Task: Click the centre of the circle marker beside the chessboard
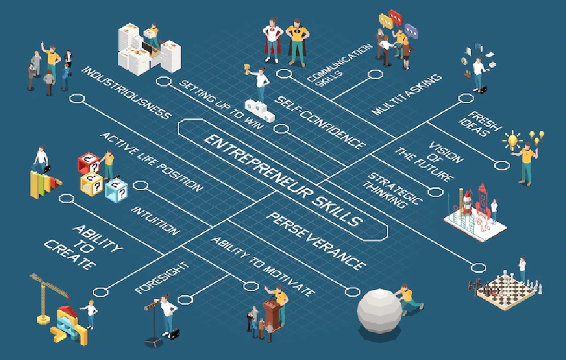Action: pos(479,268)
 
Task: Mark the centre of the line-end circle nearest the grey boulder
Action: pos(352,292)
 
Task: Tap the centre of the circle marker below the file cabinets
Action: pos(164,82)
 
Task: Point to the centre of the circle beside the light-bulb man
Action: pos(501,165)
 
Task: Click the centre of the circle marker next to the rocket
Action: pos(436,192)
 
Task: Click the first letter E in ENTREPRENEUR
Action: pos(210,139)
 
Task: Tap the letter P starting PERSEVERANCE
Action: pos(272,218)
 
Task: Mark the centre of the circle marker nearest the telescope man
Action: pos(185,299)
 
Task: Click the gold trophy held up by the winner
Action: pos(247,68)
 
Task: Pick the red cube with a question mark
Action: pos(89,164)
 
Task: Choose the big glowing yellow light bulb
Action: pos(513,140)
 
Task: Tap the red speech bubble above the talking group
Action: pos(395,17)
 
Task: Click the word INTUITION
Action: pos(155,220)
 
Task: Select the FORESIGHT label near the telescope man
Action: pos(162,277)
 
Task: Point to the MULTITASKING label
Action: pos(406,95)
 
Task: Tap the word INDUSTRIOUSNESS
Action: pos(126,93)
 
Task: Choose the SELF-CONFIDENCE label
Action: pos(320,122)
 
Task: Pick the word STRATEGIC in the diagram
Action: pos(395,188)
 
